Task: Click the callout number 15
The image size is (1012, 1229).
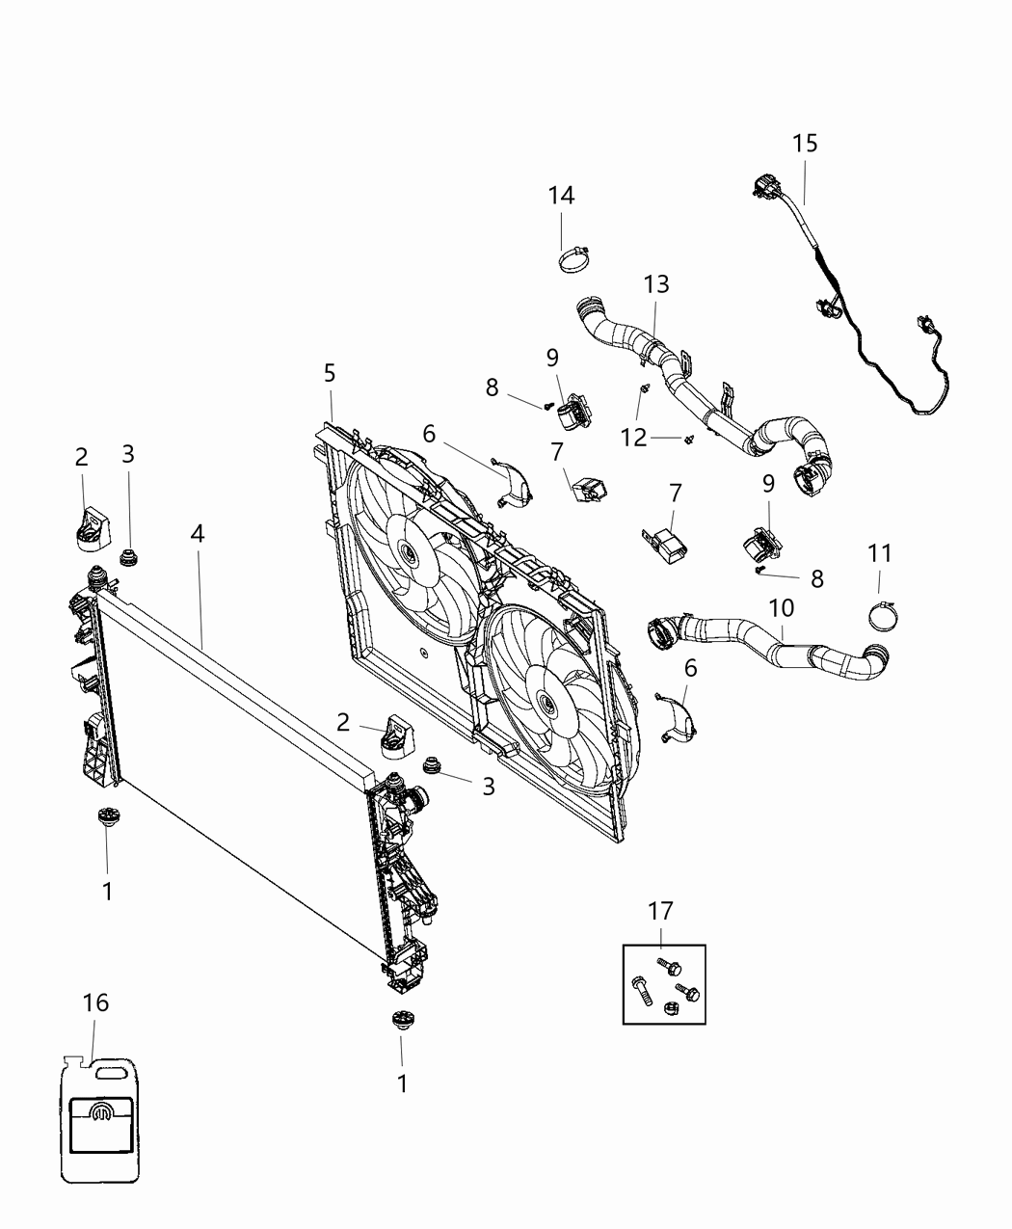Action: [x=805, y=144]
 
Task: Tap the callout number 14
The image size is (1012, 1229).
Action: [x=561, y=196]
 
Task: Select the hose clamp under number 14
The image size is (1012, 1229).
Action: [x=574, y=257]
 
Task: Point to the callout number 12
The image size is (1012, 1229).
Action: [x=633, y=438]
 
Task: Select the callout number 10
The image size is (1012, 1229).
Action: [x=781, y=608]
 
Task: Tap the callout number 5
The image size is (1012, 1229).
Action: [x=330, y=372]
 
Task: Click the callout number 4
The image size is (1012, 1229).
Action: [x=198, y=533]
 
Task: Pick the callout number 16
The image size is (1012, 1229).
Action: [x=94, y=1002]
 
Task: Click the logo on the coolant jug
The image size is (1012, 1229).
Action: [x=102, y=1116]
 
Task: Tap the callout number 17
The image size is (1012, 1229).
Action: [x=660, y=911]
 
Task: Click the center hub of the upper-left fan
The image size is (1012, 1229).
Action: [x=406, y=553]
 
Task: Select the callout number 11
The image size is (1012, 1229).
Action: [x=879, y=553]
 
